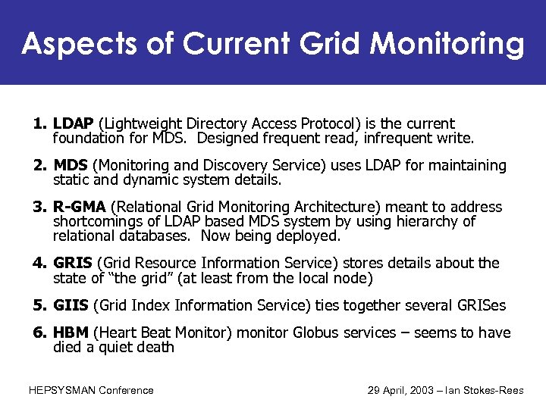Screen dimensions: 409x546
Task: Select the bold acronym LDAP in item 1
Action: pyautogui.click(x=74, y=123)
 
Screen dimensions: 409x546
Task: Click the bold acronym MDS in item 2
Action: pyautogui.click(x=71, y=165)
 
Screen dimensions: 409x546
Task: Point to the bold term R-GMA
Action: pyautogui.click(x=80, y=207)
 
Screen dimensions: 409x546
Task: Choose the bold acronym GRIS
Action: pyautogui.click(x=73, y=263)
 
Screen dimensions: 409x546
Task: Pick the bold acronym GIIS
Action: pyautogui.click(x=71, y=305)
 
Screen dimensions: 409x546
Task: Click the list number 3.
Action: pyautogui.click(x=39, y=207)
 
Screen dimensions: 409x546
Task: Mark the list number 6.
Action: pyautogui.click(x=39, y=333)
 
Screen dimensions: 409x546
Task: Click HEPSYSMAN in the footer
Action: pyautogui.click(x=63, y=390)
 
